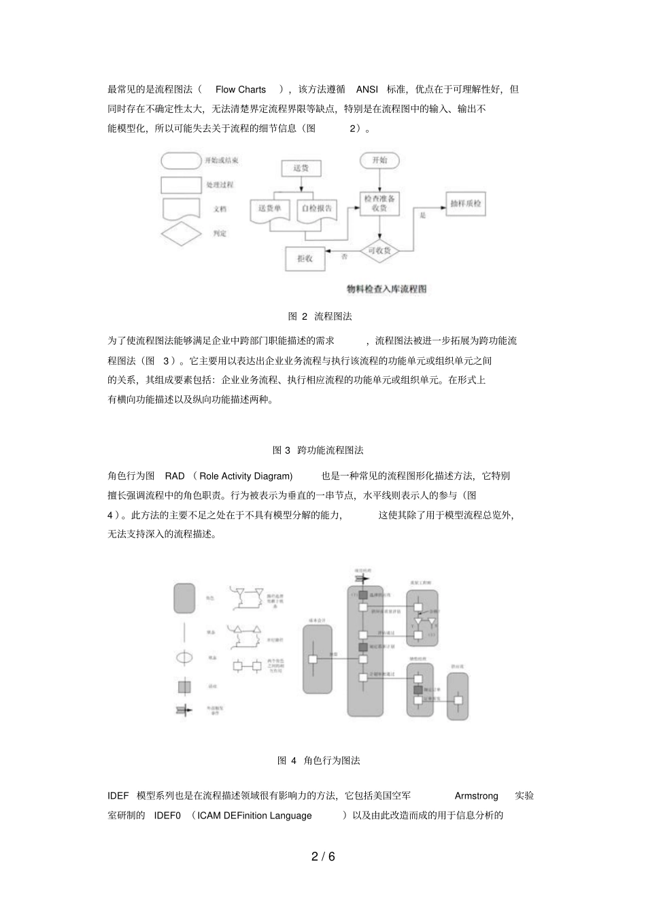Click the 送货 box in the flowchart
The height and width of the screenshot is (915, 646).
coord(301,168)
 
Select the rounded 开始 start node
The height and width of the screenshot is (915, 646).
coord(379,161)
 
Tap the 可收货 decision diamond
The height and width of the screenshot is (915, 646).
coord(379,251)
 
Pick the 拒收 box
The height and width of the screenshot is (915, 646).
coord(304,258)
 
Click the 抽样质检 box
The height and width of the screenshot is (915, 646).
coord(467,203)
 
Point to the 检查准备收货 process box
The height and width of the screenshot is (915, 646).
coord(379,203)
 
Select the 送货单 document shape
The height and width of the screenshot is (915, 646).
coord(270,209)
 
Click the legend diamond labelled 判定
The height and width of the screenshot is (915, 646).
coord(181,233)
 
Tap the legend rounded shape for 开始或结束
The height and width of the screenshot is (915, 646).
coord(180,161)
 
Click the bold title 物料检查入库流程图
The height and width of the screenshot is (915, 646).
coord(387,289)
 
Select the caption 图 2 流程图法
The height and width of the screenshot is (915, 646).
coord(320,316)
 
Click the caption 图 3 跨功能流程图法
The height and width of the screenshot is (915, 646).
coord(318,450)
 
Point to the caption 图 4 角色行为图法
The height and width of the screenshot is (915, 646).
coord(318,761)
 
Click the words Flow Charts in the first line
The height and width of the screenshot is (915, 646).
coord(241,89)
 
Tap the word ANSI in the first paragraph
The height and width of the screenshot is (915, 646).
coord(367,89)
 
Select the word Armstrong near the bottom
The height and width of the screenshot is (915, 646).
coord(476,796)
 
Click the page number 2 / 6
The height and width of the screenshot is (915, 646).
coord(323,856)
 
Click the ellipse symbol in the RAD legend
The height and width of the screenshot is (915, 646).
coord(185,658)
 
